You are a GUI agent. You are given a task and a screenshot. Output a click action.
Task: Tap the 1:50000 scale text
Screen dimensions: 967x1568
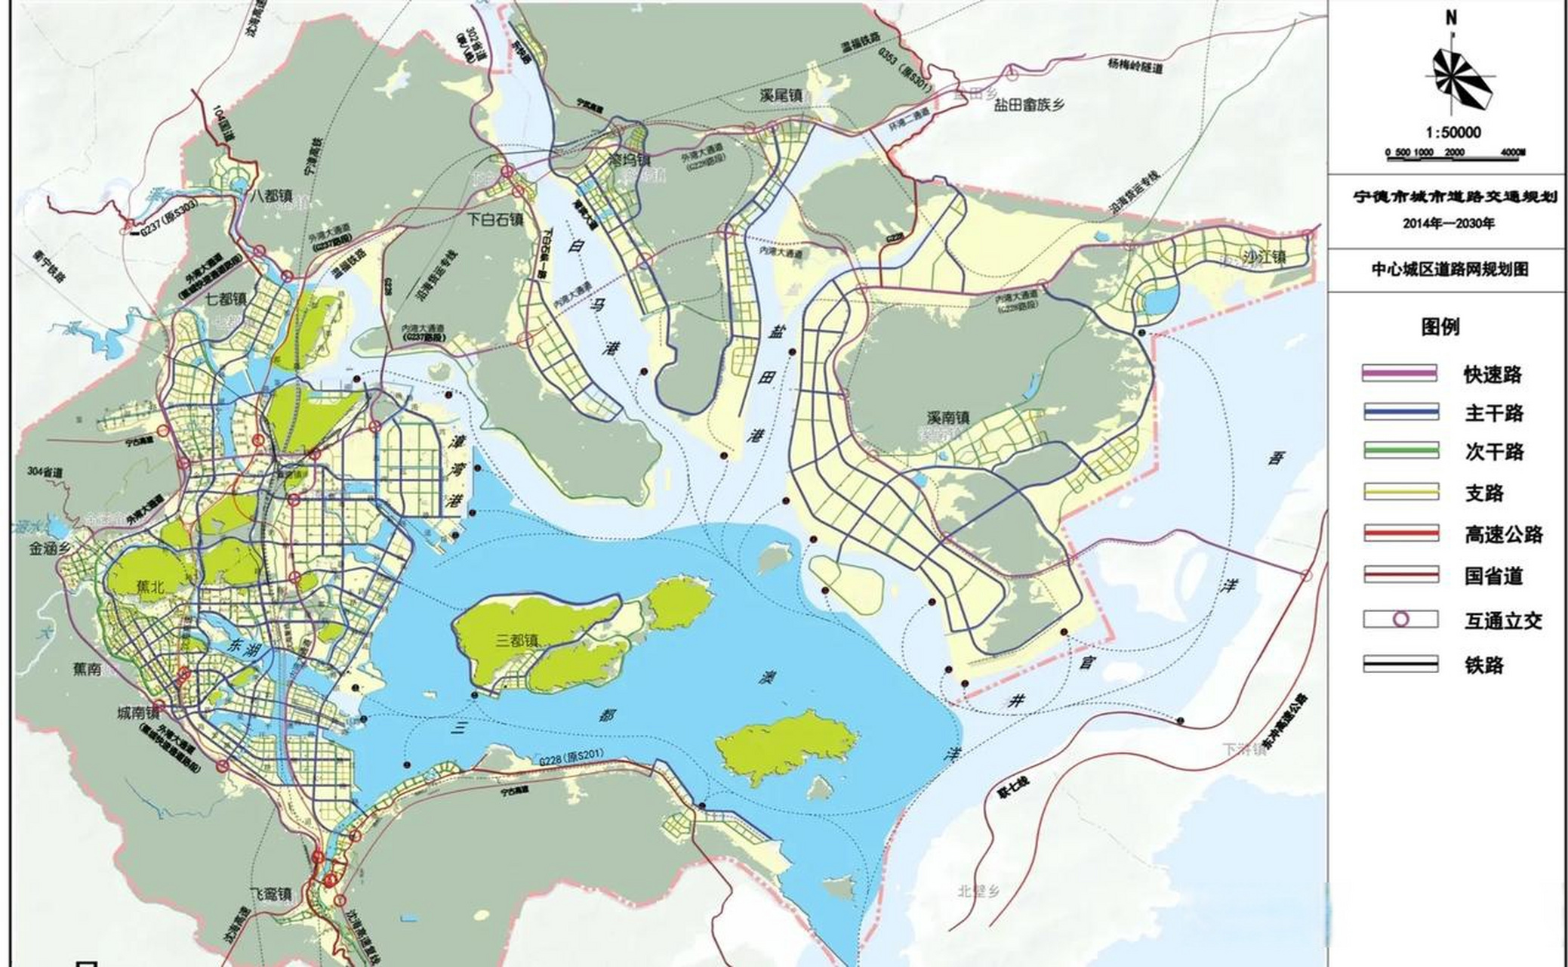1453,132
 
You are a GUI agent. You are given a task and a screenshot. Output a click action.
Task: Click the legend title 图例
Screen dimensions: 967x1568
1440,327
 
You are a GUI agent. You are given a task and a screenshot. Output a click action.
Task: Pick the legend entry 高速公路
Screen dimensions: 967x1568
1503,535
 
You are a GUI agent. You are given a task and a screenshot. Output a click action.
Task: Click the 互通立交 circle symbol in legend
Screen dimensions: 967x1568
1400,619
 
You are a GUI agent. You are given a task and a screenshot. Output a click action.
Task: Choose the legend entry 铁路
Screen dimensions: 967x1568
1484,665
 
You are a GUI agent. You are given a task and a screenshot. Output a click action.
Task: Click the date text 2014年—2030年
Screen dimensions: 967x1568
1448,224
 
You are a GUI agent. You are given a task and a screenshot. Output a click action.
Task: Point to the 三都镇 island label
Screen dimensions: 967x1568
517,641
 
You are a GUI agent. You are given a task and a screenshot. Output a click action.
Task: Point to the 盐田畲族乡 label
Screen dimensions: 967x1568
1028,106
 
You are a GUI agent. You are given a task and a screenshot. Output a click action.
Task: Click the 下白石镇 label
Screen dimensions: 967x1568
495,220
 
